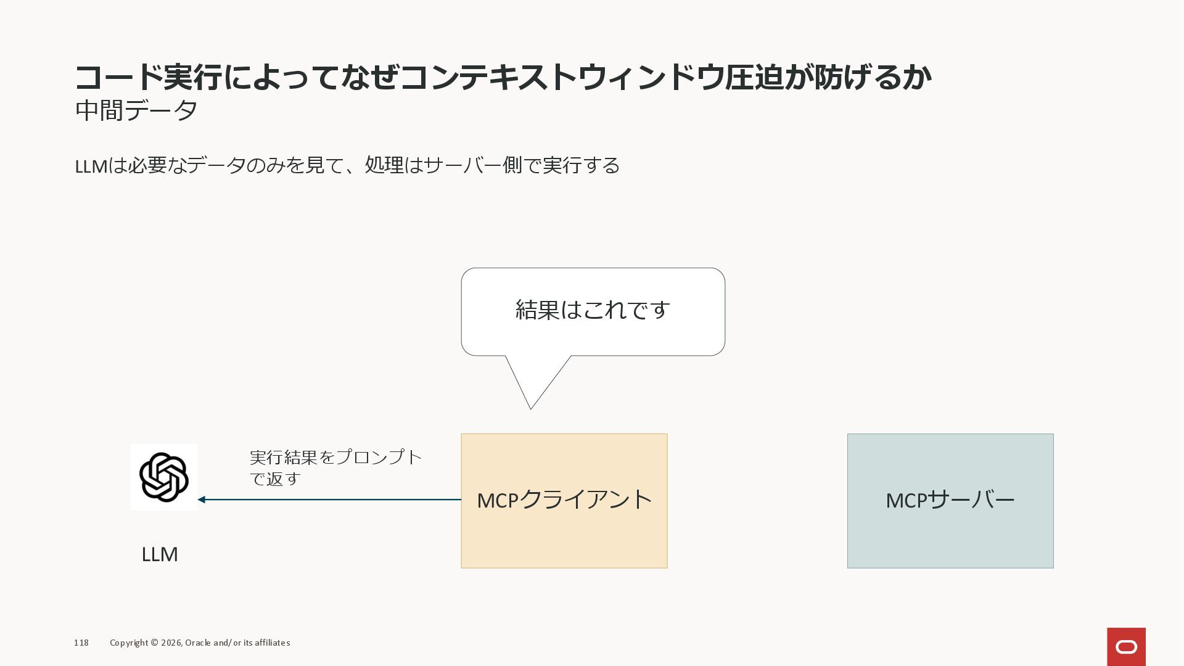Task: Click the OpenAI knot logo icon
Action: (164, 477)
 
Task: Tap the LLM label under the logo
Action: (160, 554)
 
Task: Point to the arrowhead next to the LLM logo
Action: (202, 499)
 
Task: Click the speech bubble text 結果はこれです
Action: (593, 310)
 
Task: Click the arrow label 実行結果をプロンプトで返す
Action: (335, 467)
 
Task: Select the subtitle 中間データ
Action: (136, 111)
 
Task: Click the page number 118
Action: (81, 643)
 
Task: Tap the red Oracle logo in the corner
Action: (1126, 646)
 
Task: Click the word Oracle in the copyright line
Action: (197, 643)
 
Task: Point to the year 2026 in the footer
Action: (171, 643)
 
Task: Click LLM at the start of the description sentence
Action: (91, 166)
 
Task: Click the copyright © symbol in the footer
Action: (154, 643)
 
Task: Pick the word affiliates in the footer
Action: (271, 643)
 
